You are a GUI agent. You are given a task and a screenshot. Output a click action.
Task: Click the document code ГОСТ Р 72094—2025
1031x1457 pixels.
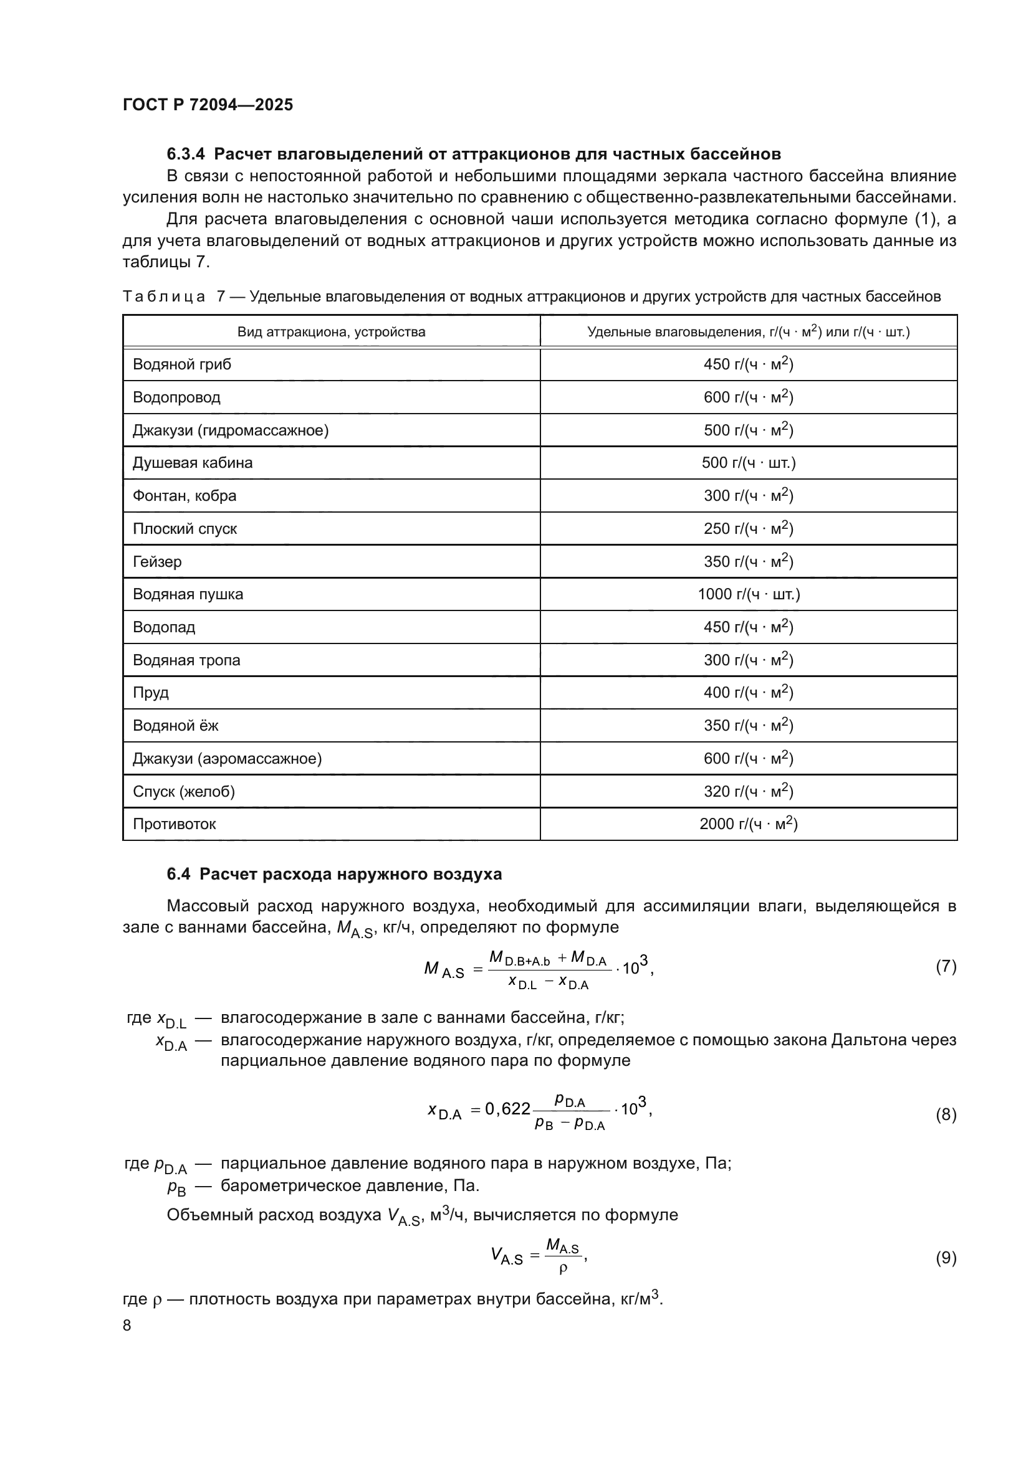click(x=208, y=105)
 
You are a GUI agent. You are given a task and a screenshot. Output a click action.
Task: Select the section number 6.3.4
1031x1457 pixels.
click(x=186, y=154)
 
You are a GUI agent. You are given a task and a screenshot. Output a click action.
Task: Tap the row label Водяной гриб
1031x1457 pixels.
click(x=181, y=364)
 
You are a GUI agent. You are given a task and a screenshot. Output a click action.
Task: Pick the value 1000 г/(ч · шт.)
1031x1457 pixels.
click(x=749, y=594)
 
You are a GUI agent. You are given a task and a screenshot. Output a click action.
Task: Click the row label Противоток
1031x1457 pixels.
click(x=174, y=823)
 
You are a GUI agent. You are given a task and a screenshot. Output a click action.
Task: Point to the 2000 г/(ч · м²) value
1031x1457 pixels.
click(x=749, y=823)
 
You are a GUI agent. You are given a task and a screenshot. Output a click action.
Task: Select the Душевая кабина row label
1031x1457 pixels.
click(x=193, y=463)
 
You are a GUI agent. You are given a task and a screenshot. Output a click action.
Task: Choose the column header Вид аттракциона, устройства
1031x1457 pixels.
click(x=332, y=332)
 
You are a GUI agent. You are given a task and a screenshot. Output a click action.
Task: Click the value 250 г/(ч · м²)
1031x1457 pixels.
click(x=749, y=529)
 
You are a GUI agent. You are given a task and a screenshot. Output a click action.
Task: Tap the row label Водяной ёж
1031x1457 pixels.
click(x=175, y=725)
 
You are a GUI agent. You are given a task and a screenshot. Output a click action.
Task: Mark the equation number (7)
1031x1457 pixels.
click(x=946, y=967)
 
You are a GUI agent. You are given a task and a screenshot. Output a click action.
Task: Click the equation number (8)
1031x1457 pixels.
click(x=946, y=1114)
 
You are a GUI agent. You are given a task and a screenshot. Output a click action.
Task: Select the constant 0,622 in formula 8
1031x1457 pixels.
click(x=507, y=1108)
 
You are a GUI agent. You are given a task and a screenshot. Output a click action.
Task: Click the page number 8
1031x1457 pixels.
click(x=127, y=1325)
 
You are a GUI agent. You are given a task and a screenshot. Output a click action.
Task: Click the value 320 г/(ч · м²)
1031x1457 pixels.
click(x=749, y=791)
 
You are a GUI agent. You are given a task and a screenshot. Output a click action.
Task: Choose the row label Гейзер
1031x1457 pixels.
click(x=157, y=562)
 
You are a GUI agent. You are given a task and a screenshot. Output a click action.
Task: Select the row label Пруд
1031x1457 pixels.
click(x=150, y=692)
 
